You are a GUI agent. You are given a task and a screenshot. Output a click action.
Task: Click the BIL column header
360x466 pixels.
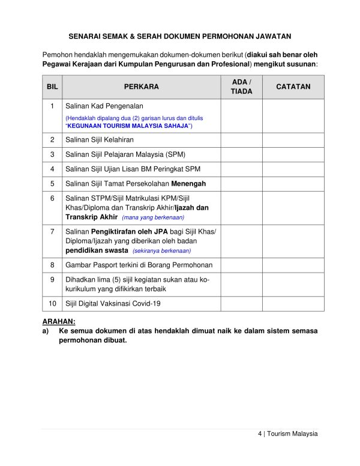point(52,86)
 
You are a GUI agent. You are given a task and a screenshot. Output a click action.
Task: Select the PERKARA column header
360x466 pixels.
point(142,86)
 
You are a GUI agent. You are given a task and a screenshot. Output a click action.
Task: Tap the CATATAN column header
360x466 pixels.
point(293,86)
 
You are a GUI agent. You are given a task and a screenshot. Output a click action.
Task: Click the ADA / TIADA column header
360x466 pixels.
point(241,86)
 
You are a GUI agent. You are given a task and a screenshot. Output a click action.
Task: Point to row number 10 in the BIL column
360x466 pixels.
point(52,304)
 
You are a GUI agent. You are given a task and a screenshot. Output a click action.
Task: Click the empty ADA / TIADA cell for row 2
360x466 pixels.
point(241,140)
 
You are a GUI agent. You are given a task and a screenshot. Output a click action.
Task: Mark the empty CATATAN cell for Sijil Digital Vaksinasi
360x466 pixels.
point(293,304)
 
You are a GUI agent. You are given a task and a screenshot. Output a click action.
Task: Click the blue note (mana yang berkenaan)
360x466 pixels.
point(153,217)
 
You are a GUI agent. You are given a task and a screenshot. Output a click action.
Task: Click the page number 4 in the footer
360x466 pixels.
point(260,434)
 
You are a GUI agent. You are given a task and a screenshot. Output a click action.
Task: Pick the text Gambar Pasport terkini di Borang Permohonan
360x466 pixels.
point(139,265)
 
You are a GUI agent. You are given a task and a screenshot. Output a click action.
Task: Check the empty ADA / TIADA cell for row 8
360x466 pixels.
point(241,265)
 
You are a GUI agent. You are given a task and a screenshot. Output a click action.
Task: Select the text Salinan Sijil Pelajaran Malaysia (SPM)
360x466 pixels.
point(125,154)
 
